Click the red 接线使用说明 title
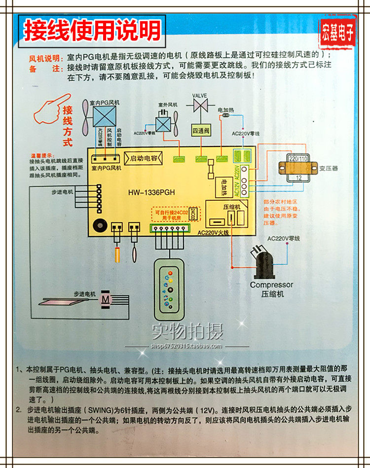coord(93,31)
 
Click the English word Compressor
coord(271,285)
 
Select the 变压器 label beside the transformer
coord(329,168)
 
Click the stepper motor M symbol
coord(106,299)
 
